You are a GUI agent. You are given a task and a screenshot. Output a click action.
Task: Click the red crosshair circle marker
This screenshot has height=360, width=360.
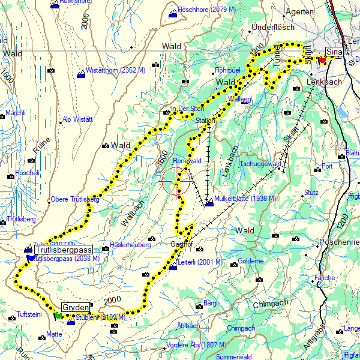tap(178, 182)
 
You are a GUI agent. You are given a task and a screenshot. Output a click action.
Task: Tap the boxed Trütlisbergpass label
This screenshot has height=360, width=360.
tap(63, 250)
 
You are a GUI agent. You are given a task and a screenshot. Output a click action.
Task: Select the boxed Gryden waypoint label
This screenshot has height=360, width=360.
tap(75, 306)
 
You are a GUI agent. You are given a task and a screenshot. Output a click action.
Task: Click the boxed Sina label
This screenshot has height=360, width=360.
tap(334, 53)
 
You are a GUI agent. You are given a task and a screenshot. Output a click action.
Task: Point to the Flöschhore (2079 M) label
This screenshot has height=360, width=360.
tap(202, 10)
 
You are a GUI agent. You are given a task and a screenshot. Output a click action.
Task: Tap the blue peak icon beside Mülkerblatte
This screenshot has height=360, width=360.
tap(209, 205)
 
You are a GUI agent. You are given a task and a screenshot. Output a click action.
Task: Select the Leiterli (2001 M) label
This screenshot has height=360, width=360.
tap(200, 262)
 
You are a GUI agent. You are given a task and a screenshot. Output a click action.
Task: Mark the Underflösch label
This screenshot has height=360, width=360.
tap(273, 28)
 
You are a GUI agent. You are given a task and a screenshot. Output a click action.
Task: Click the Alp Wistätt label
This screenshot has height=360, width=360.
tap(79, 120)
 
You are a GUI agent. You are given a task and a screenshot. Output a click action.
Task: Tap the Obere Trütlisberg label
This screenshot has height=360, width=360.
tap(75, 199)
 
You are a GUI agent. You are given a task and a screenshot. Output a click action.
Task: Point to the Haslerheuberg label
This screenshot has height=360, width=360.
tap(130, 245)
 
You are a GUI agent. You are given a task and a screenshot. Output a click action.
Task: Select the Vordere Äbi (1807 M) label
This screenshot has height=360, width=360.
tap(196, 344)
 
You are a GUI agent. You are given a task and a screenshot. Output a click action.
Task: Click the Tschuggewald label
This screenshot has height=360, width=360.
tap(260, 164)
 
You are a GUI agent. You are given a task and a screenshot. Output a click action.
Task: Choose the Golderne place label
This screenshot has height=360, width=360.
tap(251, 261)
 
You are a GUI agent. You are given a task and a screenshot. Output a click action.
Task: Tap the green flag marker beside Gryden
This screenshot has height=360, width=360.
tap(58, 315)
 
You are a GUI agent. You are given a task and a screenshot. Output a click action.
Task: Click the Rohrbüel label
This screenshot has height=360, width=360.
tap(227, 70)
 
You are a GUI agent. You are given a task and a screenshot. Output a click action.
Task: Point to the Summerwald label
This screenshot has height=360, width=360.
tap(235, 356)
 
